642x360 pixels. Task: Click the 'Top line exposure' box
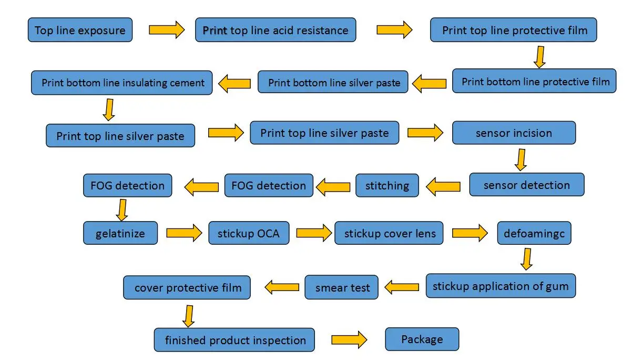(x=80, y=30)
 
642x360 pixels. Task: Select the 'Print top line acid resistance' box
(x=276, y=30)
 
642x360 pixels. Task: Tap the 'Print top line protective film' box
(x=514, y=30)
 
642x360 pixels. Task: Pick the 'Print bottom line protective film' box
(x=534, y=81)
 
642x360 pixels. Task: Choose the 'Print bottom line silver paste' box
(x=333, y=82)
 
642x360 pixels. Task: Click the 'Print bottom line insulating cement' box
(x=122, y=83)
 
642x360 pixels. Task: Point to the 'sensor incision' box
(x=514, y=133)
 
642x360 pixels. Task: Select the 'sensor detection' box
(x=527, y=185)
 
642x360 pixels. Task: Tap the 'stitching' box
(x=387, y=185)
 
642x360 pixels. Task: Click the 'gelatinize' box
(x=120, y=233)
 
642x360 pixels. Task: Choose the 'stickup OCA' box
(x=249, y=233)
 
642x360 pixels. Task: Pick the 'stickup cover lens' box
(x=389, y=233)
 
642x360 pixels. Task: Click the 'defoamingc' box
(x=534, y=233)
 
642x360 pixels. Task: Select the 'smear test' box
(x=342, y=287)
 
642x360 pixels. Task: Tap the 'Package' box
(x=422, y=339)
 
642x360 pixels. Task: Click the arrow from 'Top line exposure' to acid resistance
(x=167, y=29)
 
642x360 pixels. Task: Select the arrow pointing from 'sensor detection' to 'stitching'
(x=443, y=186)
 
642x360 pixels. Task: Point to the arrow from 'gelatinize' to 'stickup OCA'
(x=184, y=233)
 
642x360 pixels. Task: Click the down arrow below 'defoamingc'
(x=527, y=259)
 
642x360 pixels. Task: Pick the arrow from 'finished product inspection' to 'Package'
(x=349, y=339)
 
